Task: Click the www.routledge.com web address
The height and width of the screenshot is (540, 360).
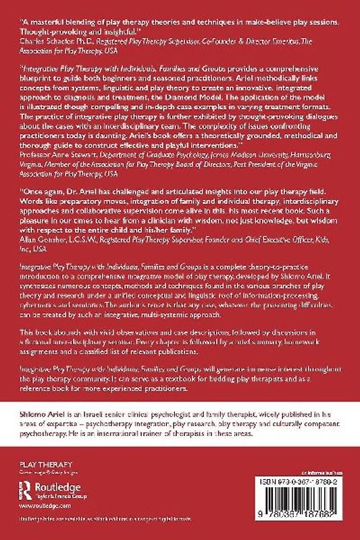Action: tap(37, 504)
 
